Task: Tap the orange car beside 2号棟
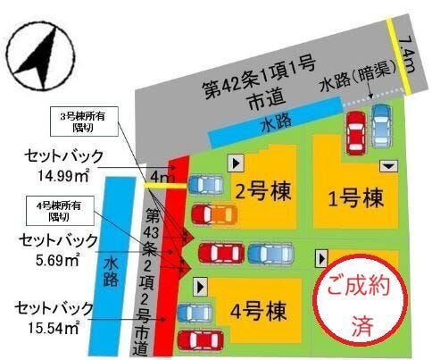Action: [213, 214]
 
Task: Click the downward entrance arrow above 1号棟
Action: [389, 166]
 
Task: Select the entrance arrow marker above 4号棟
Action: [200, 285]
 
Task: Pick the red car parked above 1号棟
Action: [354, 134]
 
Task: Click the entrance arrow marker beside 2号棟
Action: [237, 163]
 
